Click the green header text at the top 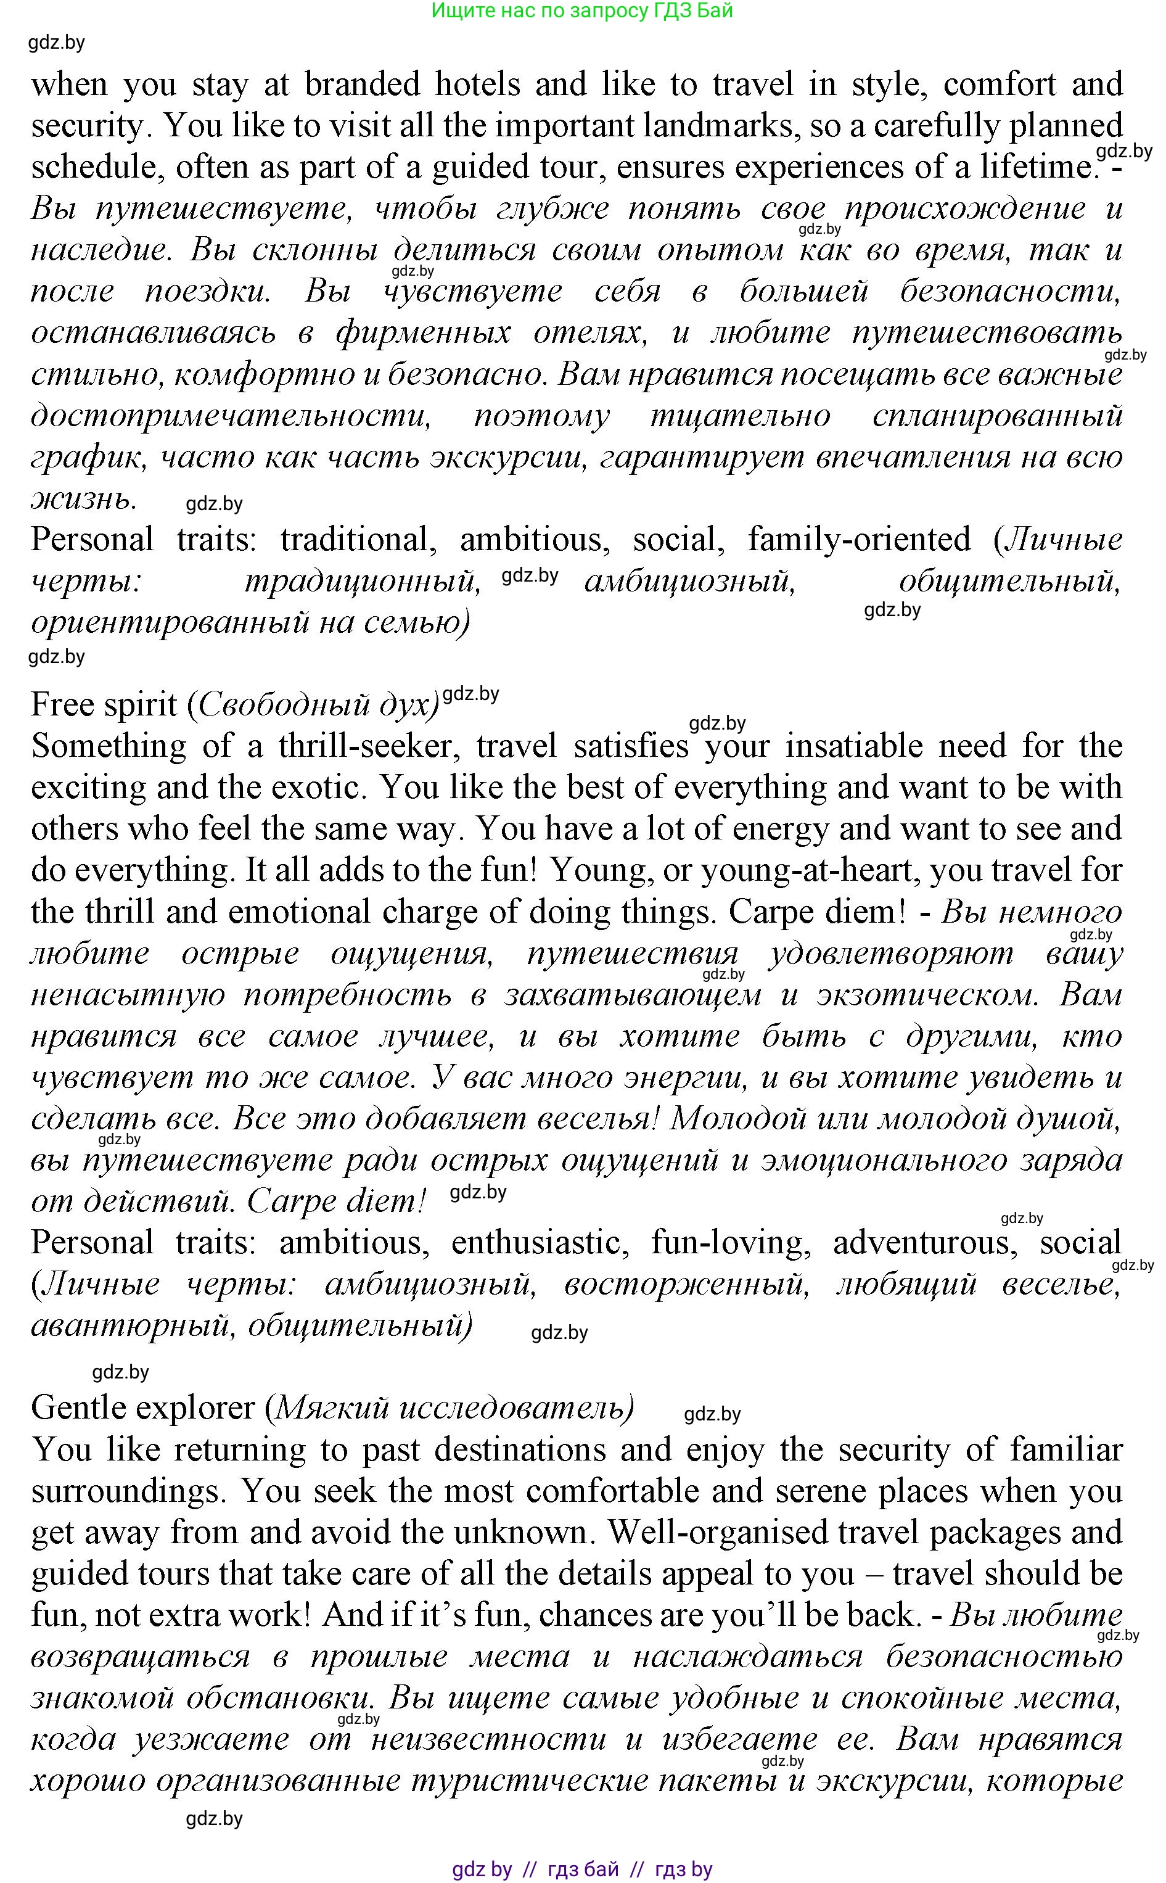click(x=581, y=11)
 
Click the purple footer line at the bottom click(x=582, y=1868)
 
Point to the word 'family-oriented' click(x=859, y=539)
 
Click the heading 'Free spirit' click(x=104, y=704)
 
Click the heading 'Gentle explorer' click(x=142, y=1408)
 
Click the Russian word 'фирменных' click(x=424, y=332)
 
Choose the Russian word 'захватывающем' click(x=633, y=995)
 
